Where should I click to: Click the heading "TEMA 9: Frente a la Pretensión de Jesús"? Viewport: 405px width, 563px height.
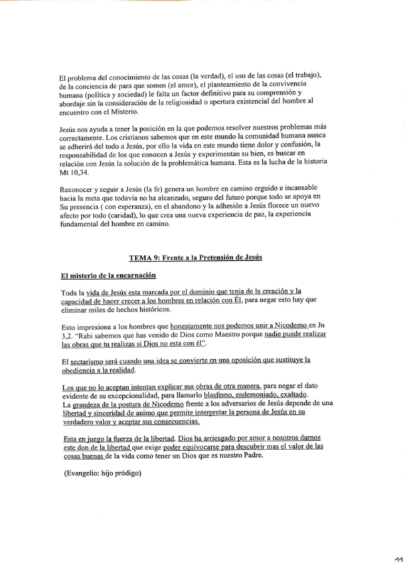202,257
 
